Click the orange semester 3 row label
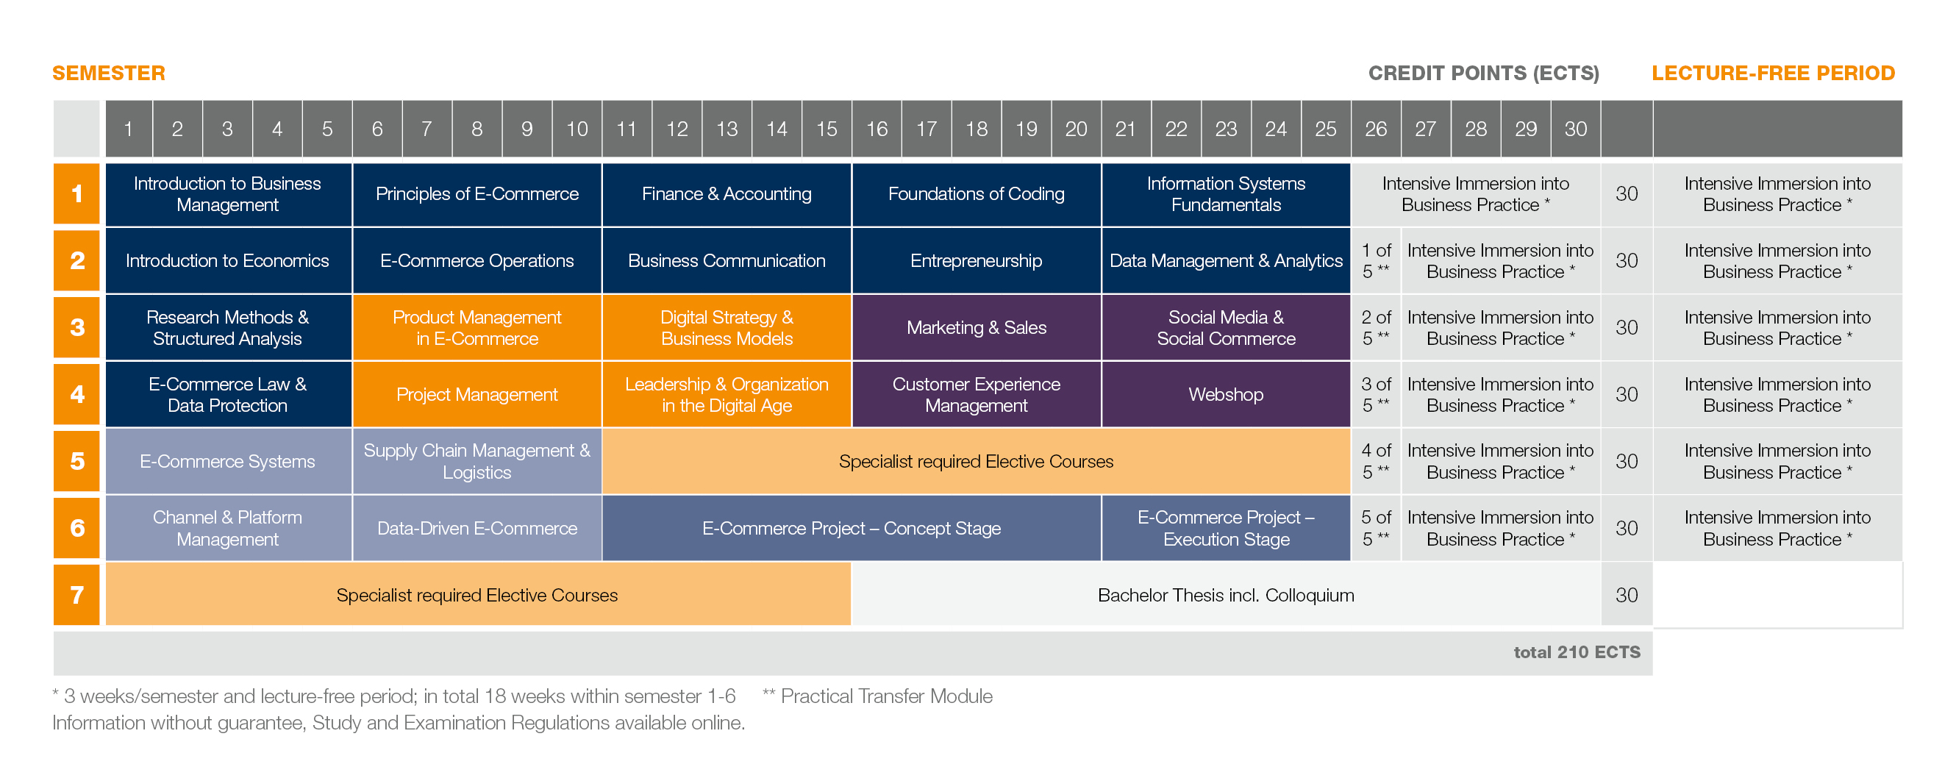(x=76, y=327)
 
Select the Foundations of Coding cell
(x=976, y=194)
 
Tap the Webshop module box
(x=1226, y=395)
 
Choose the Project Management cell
(x=476, y=395)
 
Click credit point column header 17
(x=927, y=129)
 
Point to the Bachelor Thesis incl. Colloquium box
(x=1226, y=595)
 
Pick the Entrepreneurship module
(x=976, y=261)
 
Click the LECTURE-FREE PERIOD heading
(x=1773, y=73)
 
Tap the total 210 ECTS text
(x=1577, y=652)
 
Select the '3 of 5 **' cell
(x=1375, y=395)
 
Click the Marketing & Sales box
(x=976, y=328)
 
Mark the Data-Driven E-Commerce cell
(x=476, y=528)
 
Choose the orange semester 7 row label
(x=76, y=595)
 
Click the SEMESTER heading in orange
(x=109, y=73)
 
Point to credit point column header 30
(x=1576, y=129)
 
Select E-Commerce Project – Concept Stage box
(x=852, y=528)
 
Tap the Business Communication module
(x=726, y=261)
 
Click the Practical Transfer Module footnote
(x=878, y=696)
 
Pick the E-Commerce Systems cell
(x=227, y=462)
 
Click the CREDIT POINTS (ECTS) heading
(x=1483, y=73)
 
